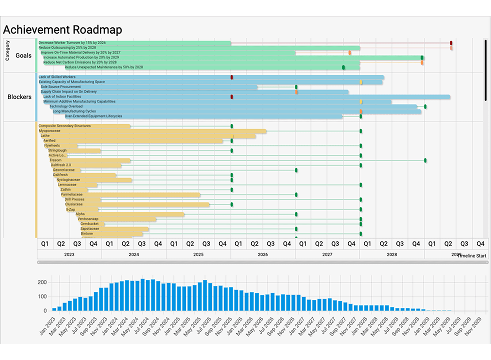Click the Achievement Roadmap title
(62, 30)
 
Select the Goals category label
(23, 55)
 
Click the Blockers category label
(19, 97)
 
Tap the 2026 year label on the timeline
(263, 254)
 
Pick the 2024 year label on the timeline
(134, 254)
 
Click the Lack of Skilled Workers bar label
(57, 77)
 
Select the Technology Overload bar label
(66, 106)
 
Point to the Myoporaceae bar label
(50, 131)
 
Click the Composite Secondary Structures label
(65, 126)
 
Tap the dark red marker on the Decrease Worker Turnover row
(451, 43)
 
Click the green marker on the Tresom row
(425, 160)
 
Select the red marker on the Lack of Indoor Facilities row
(232, 97)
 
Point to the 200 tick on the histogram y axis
(42, 282)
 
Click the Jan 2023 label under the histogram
(48, 326)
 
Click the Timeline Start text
(472, 256)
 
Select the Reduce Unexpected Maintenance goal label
(104, 67)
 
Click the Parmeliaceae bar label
(72, 195)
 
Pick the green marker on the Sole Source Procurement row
(296, 87)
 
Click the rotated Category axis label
(8, 50)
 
